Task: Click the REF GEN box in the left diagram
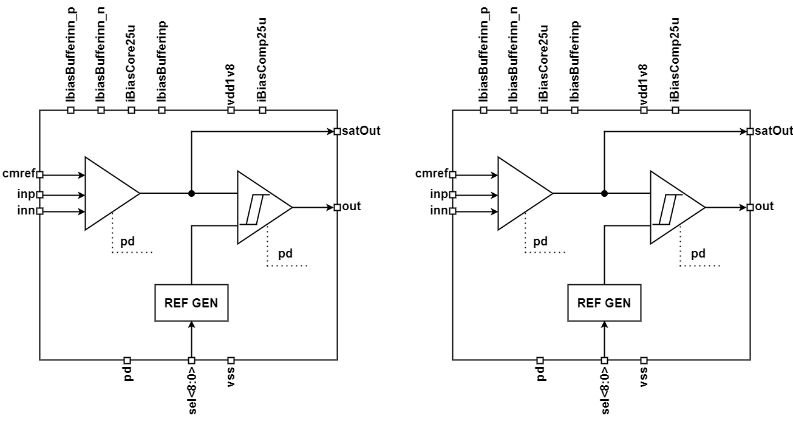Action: click(x=191, y=303)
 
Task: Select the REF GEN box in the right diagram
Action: click(x=604, y=303)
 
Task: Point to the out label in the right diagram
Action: click(x=764, y=207)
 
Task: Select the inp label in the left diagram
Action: click(x=26, y=195)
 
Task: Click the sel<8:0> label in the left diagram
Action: click(x=191, y=389)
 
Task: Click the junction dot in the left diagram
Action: click(x=191, y=193)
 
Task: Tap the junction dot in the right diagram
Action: click(x=604, y=193)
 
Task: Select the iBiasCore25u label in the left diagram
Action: click(x=131, y=64)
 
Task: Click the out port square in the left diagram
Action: click(x=337, y=208)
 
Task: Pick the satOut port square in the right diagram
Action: click(x=750, y=131)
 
